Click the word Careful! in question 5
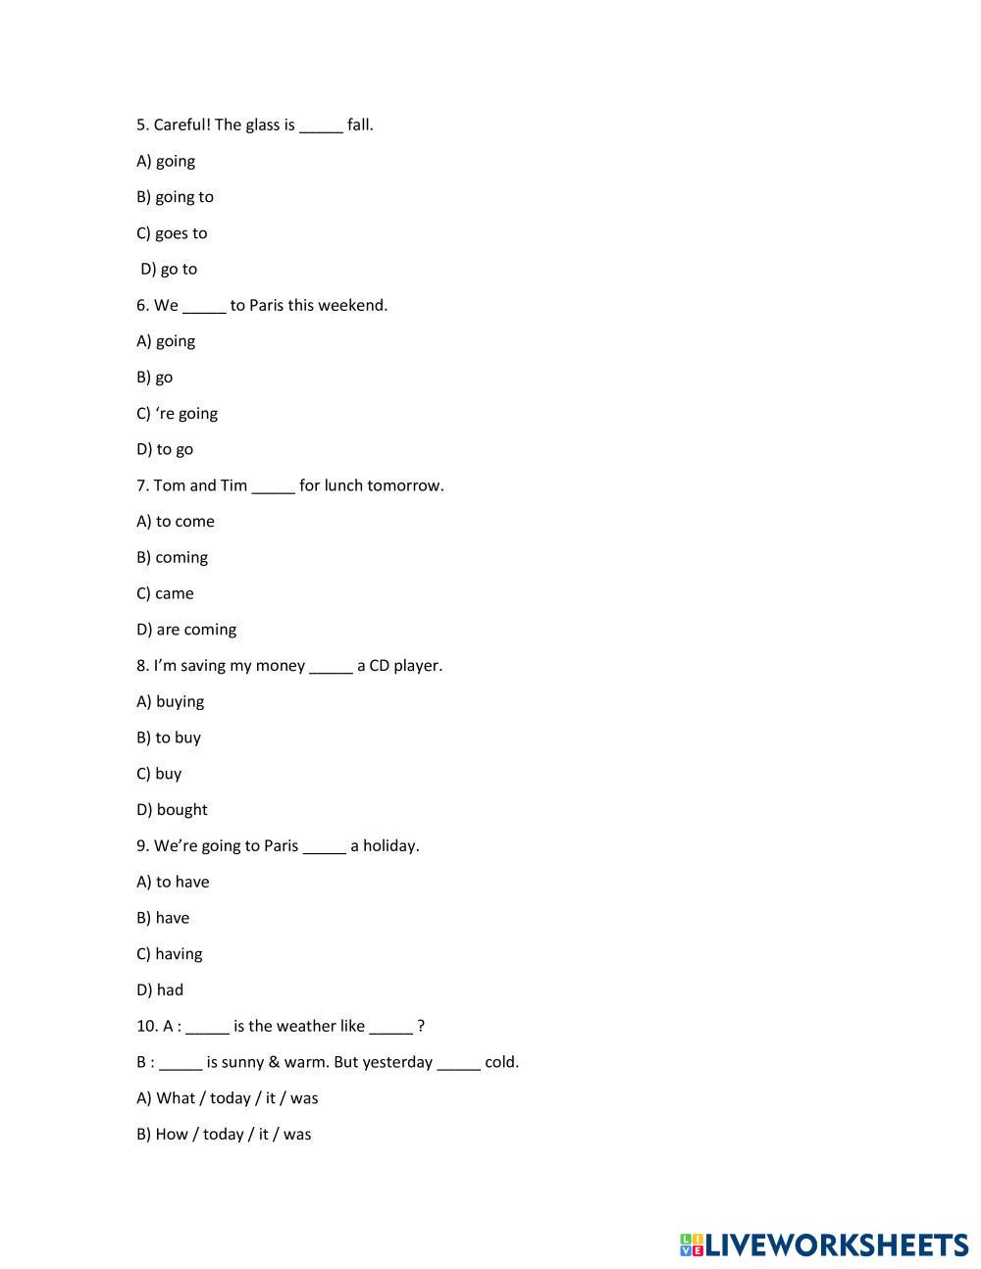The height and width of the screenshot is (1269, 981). [x=181, y=125]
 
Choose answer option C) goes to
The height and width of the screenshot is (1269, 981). [x=172, y=233]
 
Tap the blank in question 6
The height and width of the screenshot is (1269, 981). [x=204, y=306]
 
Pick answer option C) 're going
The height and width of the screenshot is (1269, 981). [x=177, y=414]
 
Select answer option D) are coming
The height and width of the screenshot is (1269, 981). [x=186, y=630]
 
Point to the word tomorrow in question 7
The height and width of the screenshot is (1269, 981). [x=405, y=485]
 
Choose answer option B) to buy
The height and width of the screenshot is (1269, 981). [x=169, y=737]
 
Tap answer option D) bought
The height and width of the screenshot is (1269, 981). [x=172, y=810]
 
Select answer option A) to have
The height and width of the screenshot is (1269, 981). [x=173, y=882]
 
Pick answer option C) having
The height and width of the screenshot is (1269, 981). [x=169, y=954]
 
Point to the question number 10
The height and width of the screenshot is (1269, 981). [x=147, y=1027]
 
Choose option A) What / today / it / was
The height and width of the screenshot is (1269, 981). [x=228, y=1098]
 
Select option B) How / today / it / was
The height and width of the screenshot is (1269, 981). [x=224, y=1135]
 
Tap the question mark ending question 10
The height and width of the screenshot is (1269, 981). [x=421, y=1027]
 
